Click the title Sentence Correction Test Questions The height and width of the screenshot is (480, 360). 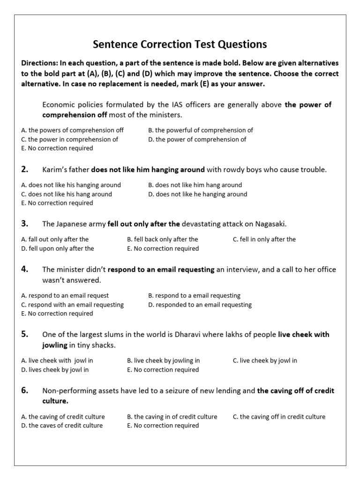[180, 45]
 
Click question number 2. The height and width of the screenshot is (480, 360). [25, 169]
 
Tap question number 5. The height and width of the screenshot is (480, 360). [25, 334]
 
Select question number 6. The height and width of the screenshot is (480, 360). [25, 390]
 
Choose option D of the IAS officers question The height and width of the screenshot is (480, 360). [197, 139]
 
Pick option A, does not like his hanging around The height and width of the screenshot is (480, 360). [71, 185]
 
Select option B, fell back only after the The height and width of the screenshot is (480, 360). [163, 239]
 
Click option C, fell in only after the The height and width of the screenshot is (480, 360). [264, 239]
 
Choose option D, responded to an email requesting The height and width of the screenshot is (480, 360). [200, 305]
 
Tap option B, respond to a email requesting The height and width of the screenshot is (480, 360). [194, 296]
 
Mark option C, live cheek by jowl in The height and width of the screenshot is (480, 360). [265, 360]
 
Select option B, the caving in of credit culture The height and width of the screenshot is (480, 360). [172, 416]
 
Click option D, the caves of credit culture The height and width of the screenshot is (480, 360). [62, 426]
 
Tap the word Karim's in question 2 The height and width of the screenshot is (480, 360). [54, 170]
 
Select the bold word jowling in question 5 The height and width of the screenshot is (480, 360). [55, 345]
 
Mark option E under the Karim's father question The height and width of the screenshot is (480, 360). [57, 203]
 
